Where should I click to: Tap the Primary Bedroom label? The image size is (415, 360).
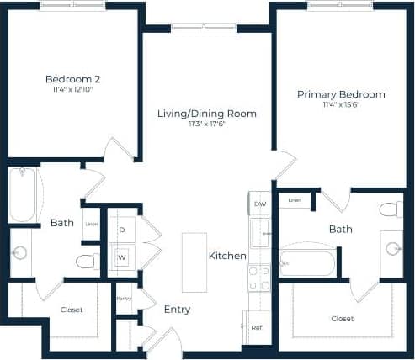(x=341, y=94)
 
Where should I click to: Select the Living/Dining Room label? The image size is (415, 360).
(x=207, y=113)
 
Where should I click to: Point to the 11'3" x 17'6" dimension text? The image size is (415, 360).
(x=207, y=124)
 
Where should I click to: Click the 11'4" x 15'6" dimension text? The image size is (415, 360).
(x=341, y=105)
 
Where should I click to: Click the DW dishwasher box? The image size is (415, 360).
(x=260, y=204)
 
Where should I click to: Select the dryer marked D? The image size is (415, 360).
(x=121, y=230)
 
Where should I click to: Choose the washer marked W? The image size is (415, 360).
(x=121, y=257)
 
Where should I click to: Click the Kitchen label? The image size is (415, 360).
(x=227, y=256)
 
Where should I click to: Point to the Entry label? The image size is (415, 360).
(x=177, y=310)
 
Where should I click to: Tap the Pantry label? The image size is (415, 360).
(x=124, y=298)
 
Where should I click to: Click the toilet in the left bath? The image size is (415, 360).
(x=88, y=261)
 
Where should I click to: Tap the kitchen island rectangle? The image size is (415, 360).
(x=194, y=262)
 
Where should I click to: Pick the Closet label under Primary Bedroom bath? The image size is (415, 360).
(x=342, y=319)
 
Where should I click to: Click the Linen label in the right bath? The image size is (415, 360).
(x=295, y=200)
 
